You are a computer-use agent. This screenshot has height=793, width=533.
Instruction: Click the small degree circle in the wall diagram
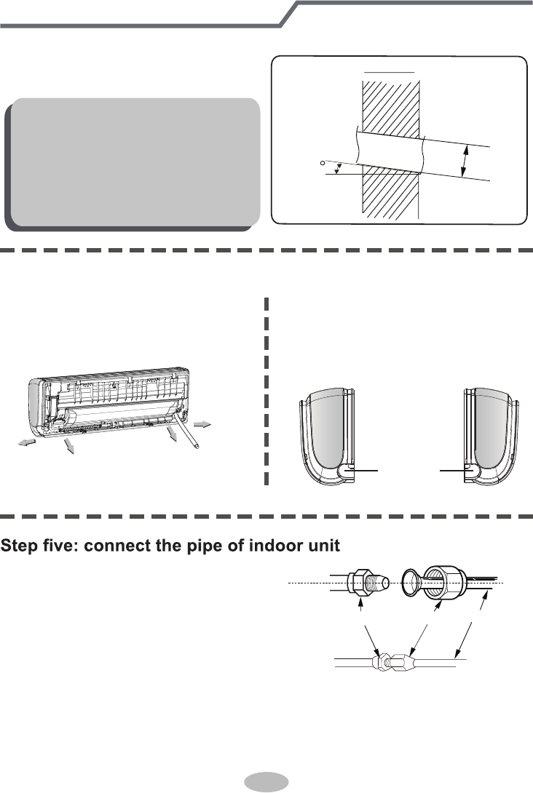point(322,164)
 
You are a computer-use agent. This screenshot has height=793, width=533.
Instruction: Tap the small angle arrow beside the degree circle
point(336,169)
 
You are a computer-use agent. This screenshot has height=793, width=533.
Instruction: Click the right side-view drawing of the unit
point(494,437)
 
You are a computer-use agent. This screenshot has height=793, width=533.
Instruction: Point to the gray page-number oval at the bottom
point(266,782)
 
